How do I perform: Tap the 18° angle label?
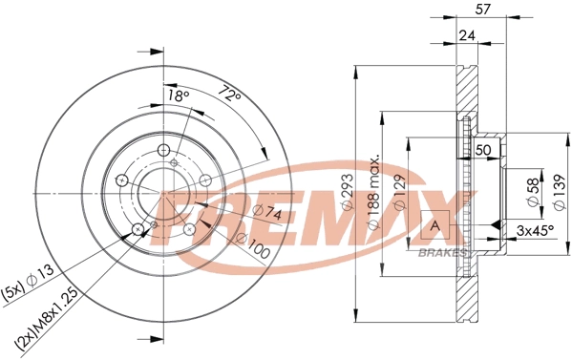[179, 96]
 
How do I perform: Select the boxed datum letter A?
[435, 225]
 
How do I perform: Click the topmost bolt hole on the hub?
[163, 150]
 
